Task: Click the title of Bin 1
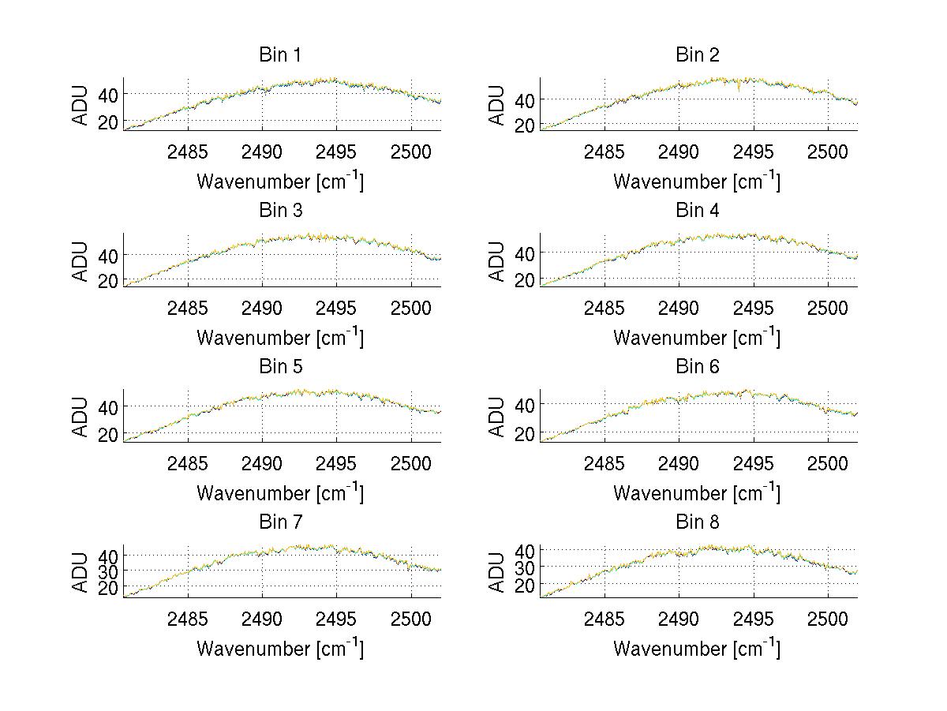(x=280, y=55)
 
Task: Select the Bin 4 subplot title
(x=697, y=211)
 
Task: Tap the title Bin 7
(x=280, y=522)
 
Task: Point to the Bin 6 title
(x=697, y=367)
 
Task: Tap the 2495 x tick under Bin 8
(x=753, y=618)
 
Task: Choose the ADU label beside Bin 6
(x=497, y=415)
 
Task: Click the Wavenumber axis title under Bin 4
(x=697, y=337)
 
